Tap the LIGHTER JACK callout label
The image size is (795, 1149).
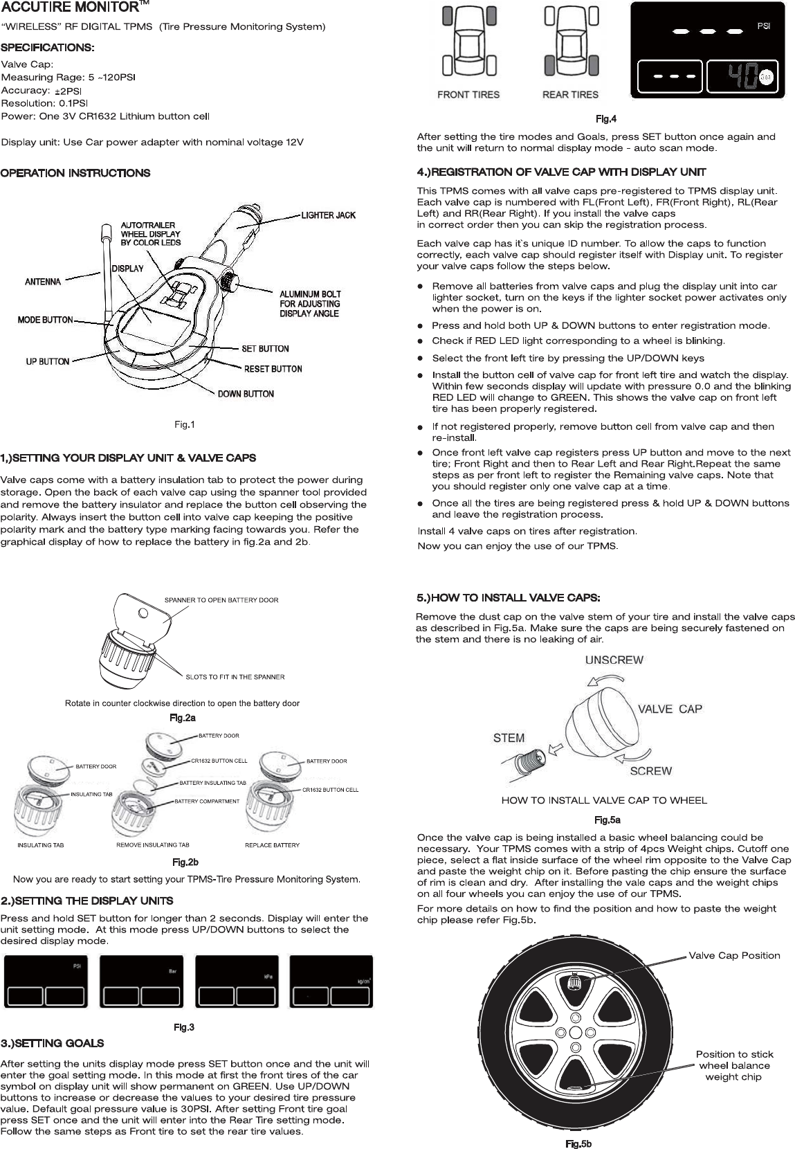(328, 215)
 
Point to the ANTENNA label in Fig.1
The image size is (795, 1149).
(43, 282)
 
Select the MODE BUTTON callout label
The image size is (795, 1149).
(45, 320)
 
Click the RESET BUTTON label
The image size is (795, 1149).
(273, 369)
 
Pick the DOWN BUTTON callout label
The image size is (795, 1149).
(246, 394)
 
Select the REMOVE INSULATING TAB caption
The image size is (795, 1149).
(152, 845)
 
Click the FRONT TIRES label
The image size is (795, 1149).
(468, 95)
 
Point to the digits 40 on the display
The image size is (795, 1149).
(743, 78)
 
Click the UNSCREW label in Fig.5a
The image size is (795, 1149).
(614, 660)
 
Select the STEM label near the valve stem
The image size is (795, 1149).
(509, 738)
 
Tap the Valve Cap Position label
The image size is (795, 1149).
(734, 956)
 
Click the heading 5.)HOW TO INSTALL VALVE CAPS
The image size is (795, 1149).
(508, 597)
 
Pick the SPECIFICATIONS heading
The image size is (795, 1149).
(48, 48)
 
